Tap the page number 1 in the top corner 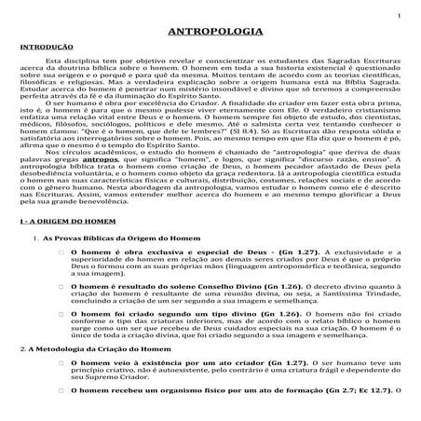coord(399,16)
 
